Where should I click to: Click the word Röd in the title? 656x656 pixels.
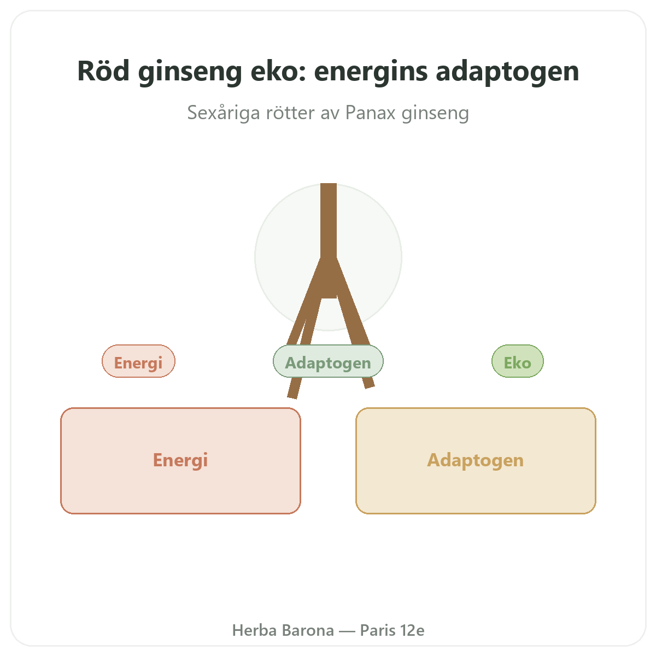pyautogui.click(x=103, y=71)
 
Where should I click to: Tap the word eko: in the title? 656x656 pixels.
pyautogui.click(x=278, y=71)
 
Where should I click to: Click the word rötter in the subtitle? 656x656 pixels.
pyautogui.click(x=290, y=113)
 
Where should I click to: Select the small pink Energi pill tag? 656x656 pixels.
pyautogui.click(x=138, y=361)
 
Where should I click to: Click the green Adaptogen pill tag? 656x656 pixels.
pyautogui.click(x=328, y=361)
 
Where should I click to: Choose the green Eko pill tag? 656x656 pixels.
pyautogui.click(x=518, y=361)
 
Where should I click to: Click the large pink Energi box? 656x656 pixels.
pyautogui.click(x=180, y=461)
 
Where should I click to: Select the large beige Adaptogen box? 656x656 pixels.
pyautogui.click(x=476, y=461)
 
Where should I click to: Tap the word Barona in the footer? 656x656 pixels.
pyautogui.click(x=308, y=630)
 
